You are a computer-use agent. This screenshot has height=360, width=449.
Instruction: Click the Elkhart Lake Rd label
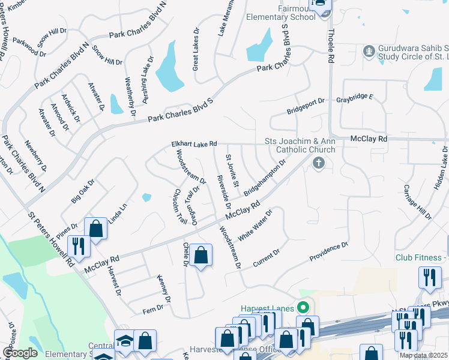pyautogui.click(x=193, y=144)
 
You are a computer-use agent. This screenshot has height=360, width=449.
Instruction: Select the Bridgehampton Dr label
pyautogui.click(x=264, y=178)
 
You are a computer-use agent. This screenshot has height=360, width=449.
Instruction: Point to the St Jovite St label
pyautogui.click(x=232, y=170)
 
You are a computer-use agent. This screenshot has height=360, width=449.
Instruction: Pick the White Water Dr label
pyautogui.click(x=255, y=225)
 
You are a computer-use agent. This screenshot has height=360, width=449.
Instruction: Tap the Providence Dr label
pyautogui.click(x=328, y=251)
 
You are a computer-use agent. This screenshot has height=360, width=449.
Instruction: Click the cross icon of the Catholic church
pyautogui.click(x=318, y=162)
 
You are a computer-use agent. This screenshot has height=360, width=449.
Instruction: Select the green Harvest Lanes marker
pyautogui.click(x=304, y=308)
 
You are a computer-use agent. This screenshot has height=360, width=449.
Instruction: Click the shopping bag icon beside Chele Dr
pyautogui.click(x=202, y=254)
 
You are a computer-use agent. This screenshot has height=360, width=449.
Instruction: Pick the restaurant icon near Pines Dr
pyautogui.click(x=78, y=245)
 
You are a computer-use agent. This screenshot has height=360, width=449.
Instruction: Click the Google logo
pyautogui.click(x=20, y=353)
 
